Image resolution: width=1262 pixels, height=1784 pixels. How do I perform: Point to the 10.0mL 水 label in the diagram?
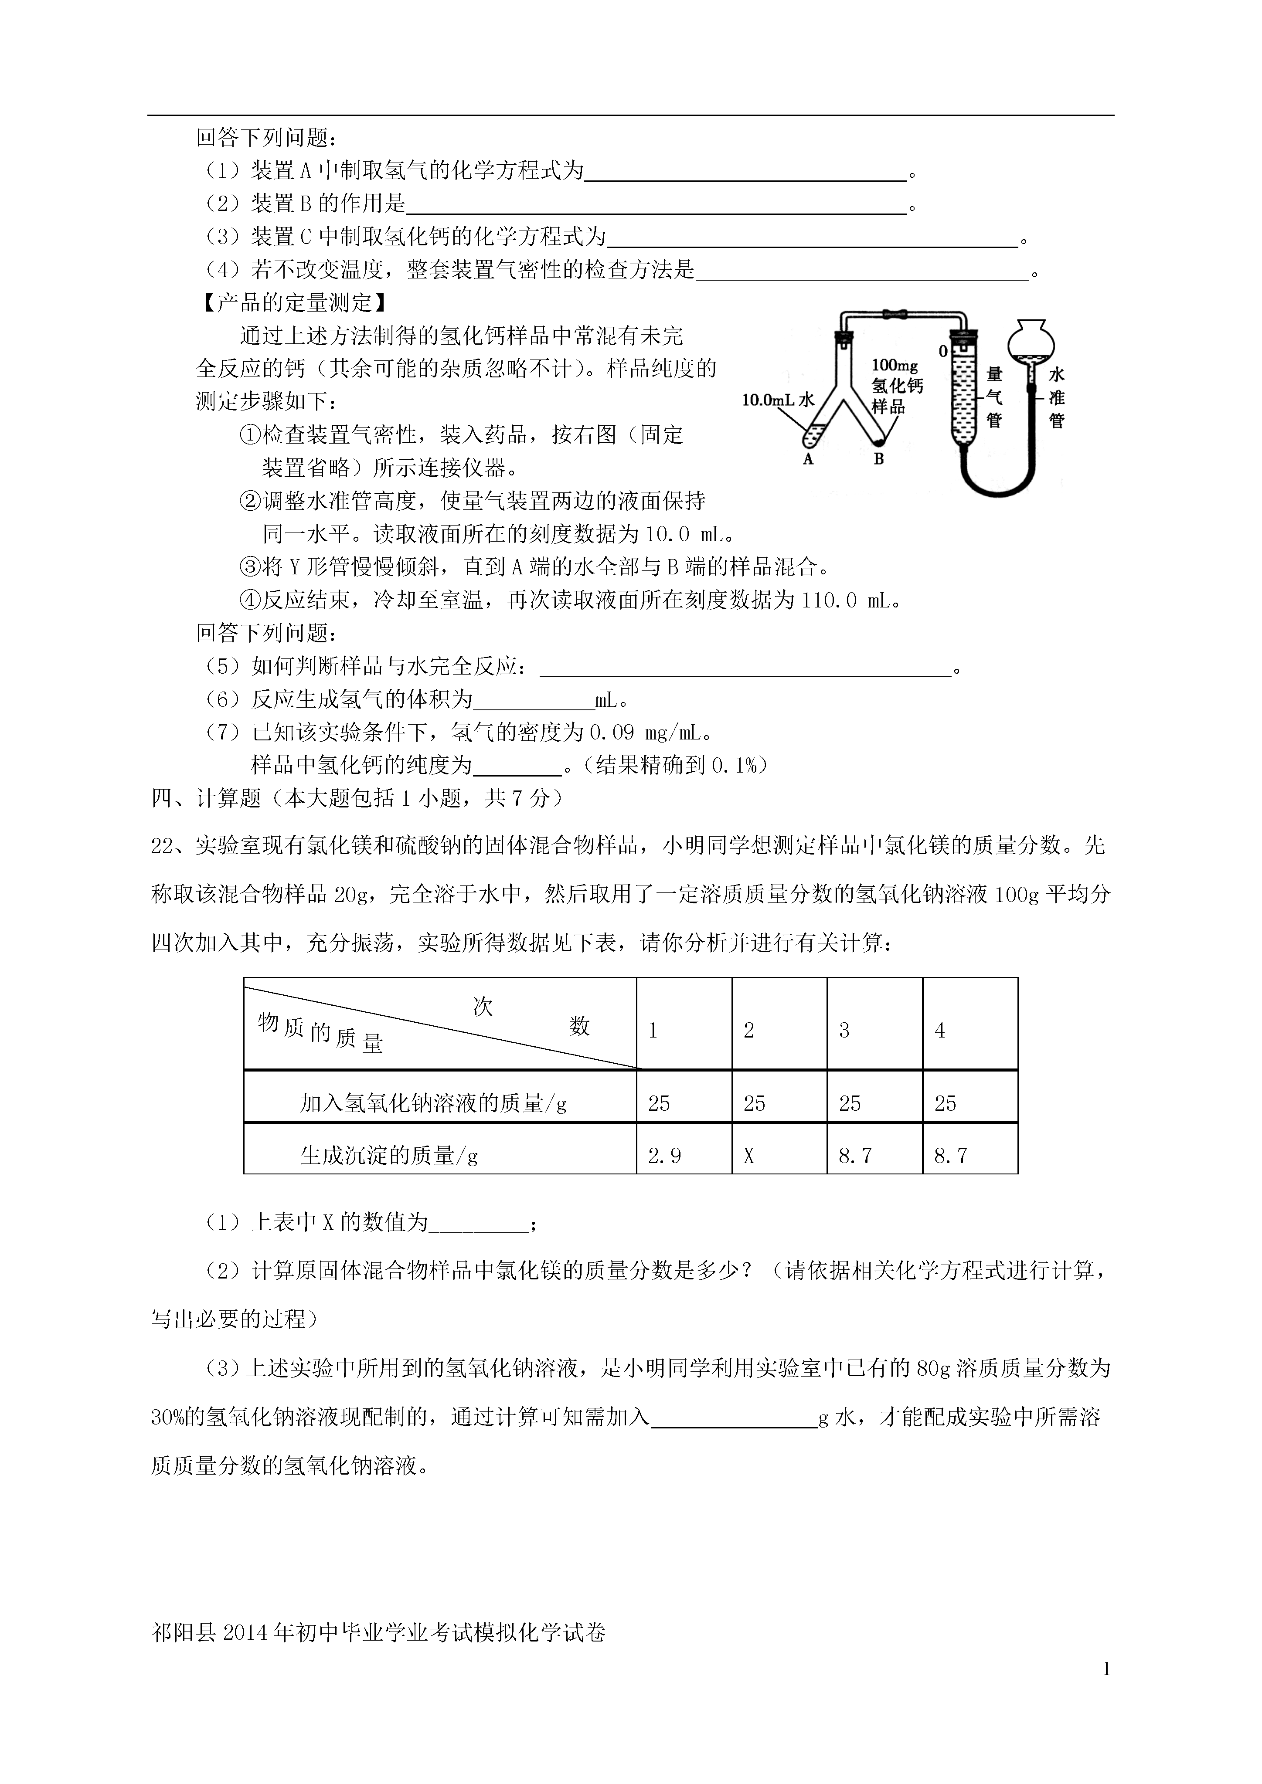click(778, 400)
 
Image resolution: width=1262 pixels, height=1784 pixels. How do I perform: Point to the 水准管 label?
click(1057, 397)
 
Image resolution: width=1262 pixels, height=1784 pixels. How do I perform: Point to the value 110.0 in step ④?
click(828, 600)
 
